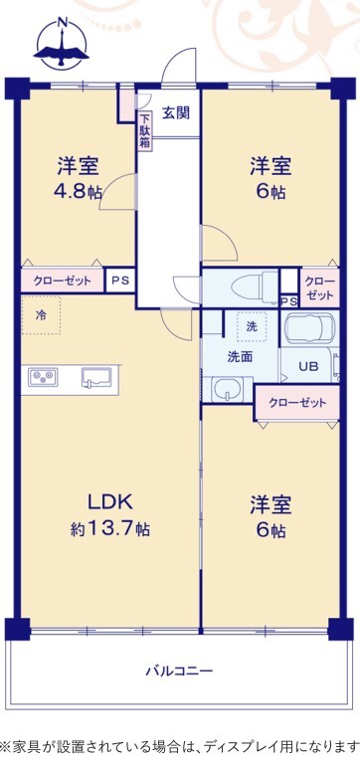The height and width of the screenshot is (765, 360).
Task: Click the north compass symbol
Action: coord(62,43)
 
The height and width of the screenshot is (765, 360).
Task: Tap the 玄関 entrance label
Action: coord(176,113)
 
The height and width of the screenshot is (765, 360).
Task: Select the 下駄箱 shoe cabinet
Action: coord(145,131)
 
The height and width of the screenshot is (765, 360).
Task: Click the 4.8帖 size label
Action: coord(78,191)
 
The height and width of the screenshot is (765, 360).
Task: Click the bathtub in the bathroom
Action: coord(309,328)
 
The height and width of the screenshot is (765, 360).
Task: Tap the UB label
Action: coord(308,367)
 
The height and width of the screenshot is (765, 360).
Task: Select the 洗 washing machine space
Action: coord(252,327)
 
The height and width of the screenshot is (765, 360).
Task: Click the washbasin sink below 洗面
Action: coord(228,390)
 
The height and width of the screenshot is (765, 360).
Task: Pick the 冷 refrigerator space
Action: coord(41,314)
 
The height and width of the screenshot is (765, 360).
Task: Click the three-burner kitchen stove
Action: coord(43,377)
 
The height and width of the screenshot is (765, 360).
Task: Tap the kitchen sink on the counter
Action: coord(96,377)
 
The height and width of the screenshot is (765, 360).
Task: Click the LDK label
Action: coord(109,501)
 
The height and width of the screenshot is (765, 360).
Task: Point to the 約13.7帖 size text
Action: coord(109,528)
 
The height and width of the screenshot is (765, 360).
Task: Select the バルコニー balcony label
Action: coord(180,670)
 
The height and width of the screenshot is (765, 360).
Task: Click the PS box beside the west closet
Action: coord(119,281)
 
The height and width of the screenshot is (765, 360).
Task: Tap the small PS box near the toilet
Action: coord(288,301)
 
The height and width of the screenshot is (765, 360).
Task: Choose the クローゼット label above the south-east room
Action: coord(297,403)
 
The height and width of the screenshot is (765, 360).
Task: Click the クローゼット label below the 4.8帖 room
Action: coord(63,281)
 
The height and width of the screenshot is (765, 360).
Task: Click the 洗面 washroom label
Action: coord(240,357)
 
